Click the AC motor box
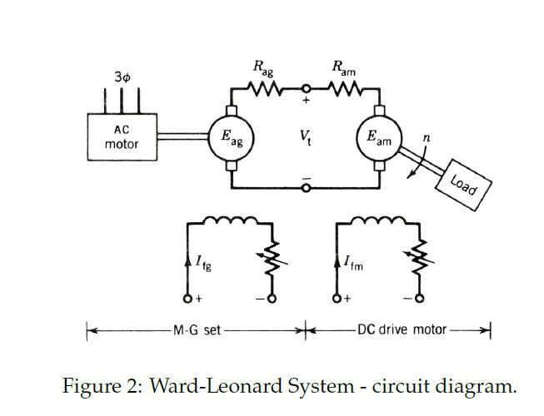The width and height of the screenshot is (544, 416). [122, 138]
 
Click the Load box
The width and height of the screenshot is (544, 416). [464, 182]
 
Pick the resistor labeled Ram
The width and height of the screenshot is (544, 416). [342, 88]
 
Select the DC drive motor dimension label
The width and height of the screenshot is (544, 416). [402, 329]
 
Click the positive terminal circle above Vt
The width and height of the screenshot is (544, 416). [306, 88]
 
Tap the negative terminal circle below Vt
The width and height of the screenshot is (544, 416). [306, 188]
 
